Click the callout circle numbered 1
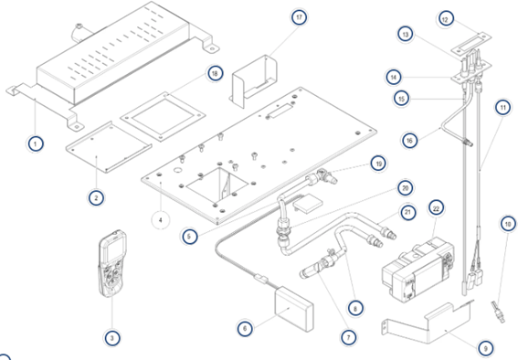(x=36, y=144)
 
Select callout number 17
(x=299, y=17)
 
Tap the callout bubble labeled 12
(x=445, y=19)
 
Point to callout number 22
(x=436, y=208)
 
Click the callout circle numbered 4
(x=161, y=220)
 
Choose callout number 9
(x=485, y=348)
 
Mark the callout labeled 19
(x=378, y=164)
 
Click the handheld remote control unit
(x=112, y=263)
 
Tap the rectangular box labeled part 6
(x=294, y=309)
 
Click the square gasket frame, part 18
(x=163, y=117)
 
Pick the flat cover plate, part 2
(x=109, y=147)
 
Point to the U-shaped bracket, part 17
(x=254, y=81)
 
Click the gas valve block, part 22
(x=418, y=270)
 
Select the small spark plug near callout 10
(x=498, y=312)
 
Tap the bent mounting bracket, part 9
(x=429, y=323)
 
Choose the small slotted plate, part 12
(x=471, y=42)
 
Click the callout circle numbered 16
(x=409, y=141)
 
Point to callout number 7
(x=348, y=337)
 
